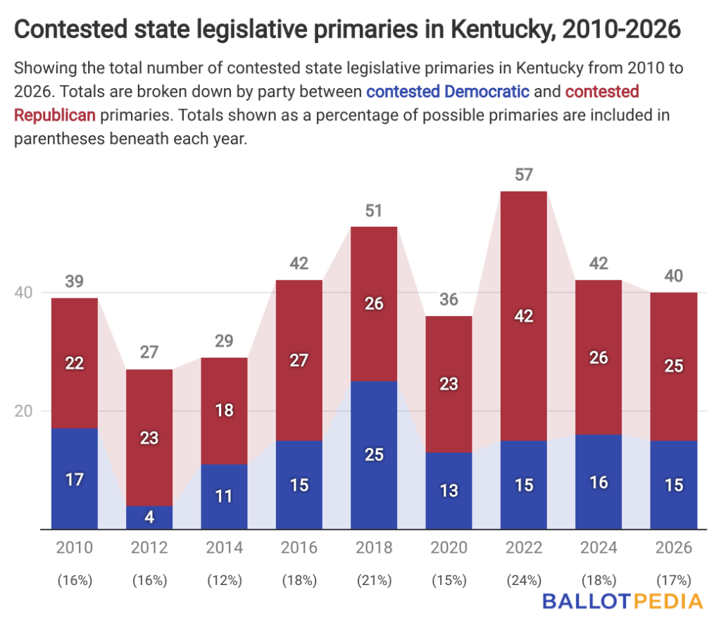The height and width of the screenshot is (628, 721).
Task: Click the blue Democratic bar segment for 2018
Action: tap(374, 455)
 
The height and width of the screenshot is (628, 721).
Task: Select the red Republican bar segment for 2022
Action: tap(524, 315)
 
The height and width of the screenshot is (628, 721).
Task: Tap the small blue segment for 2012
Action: tap(149, 517)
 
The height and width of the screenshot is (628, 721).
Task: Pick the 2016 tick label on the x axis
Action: tap(299, 548)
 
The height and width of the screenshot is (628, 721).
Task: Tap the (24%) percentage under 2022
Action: tap(524, 581)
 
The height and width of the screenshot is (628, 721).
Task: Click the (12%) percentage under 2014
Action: tap(225, 581)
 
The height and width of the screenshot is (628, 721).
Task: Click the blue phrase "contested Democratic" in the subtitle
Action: tap(448, 92)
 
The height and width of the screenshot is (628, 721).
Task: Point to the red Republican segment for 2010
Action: tap(75, 363)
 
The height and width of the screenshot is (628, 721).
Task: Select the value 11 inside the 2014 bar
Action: tap(225, 496)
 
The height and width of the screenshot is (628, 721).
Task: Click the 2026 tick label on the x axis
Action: tap(674, 548)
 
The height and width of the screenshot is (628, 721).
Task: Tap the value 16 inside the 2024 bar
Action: tap(598, 482)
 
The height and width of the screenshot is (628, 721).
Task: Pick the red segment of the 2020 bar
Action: tap(449, 384)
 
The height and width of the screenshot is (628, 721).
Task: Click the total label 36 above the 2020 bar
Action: tap(449, 300)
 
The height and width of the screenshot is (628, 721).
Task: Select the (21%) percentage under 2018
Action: tap(374, 581)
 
